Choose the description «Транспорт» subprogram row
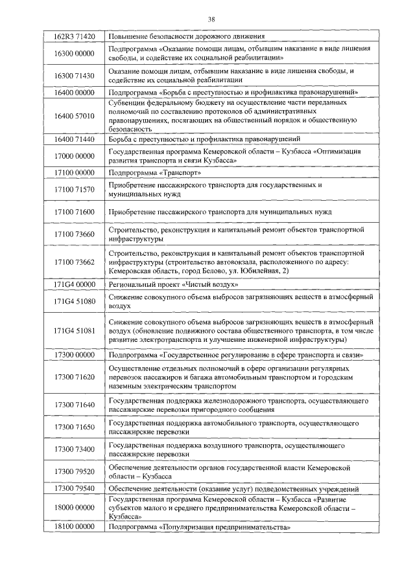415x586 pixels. (x=156, y=173)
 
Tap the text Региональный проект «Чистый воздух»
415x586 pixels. (x=169, y=285)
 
